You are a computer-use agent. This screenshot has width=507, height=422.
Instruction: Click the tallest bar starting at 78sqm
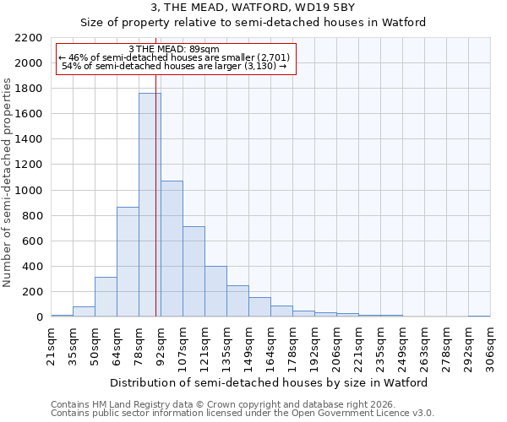(x=149, y=205)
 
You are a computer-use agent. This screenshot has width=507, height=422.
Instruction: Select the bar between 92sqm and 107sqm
(x=172, y=249)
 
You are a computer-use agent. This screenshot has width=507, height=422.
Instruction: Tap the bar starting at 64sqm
(x=128, y=262)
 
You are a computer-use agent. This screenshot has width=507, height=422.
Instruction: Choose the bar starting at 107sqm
(x=194, y=272)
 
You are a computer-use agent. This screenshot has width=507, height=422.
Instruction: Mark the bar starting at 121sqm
(x=215, y=291)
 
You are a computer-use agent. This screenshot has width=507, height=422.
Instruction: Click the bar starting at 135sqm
(x=237, y=301)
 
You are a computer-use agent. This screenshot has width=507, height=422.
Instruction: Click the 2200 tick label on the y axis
(x=30, y=38)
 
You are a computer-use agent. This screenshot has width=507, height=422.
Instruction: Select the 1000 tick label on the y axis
(x=30, y=191)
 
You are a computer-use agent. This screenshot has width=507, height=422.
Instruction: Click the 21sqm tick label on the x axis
(x=51, y=345)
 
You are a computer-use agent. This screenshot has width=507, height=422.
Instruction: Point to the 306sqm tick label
(x=490, y=345)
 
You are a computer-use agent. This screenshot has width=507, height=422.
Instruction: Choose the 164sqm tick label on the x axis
(x=270, y=345)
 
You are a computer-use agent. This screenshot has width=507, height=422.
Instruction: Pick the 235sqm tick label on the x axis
(x=380, y=345)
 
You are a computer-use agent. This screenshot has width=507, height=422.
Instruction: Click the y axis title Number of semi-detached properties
(x=8, y=182)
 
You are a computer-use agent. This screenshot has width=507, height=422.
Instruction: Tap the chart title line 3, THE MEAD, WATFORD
(x=253, y=8)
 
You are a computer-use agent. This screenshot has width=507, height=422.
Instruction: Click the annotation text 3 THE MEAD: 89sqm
(x=174, y=50)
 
